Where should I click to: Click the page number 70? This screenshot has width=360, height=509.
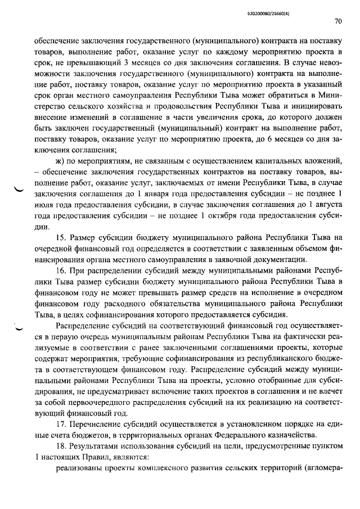[337, 22]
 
